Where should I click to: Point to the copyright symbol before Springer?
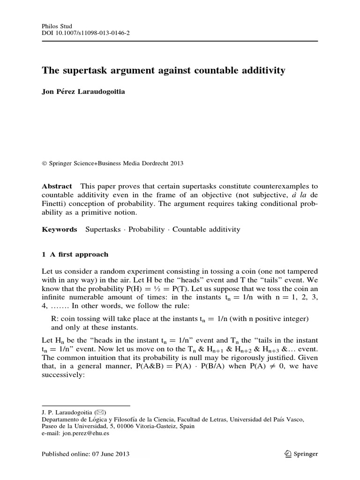coord(45,164)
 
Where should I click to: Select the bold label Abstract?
coord(57,186)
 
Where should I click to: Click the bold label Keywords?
coord(60,229)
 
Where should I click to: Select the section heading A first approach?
coord(78,254)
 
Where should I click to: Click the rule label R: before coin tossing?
coord(54,319)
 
